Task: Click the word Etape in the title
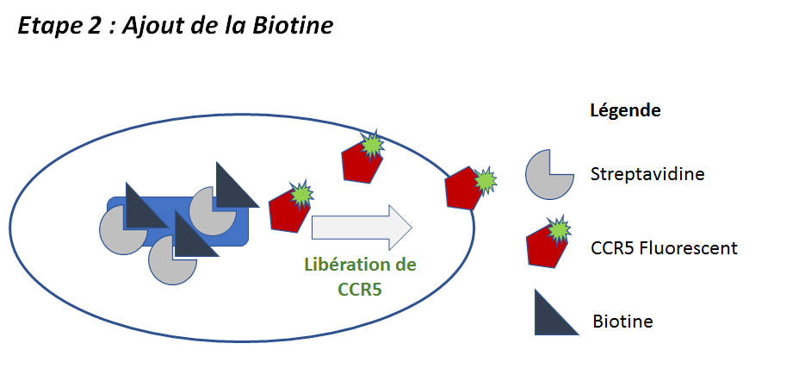46,27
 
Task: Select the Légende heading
624,111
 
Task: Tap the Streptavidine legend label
647,174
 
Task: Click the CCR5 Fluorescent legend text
664,248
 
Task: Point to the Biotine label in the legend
622,322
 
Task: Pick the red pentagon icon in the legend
548,246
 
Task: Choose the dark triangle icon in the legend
552,314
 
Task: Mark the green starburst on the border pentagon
485,180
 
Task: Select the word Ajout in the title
152,27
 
